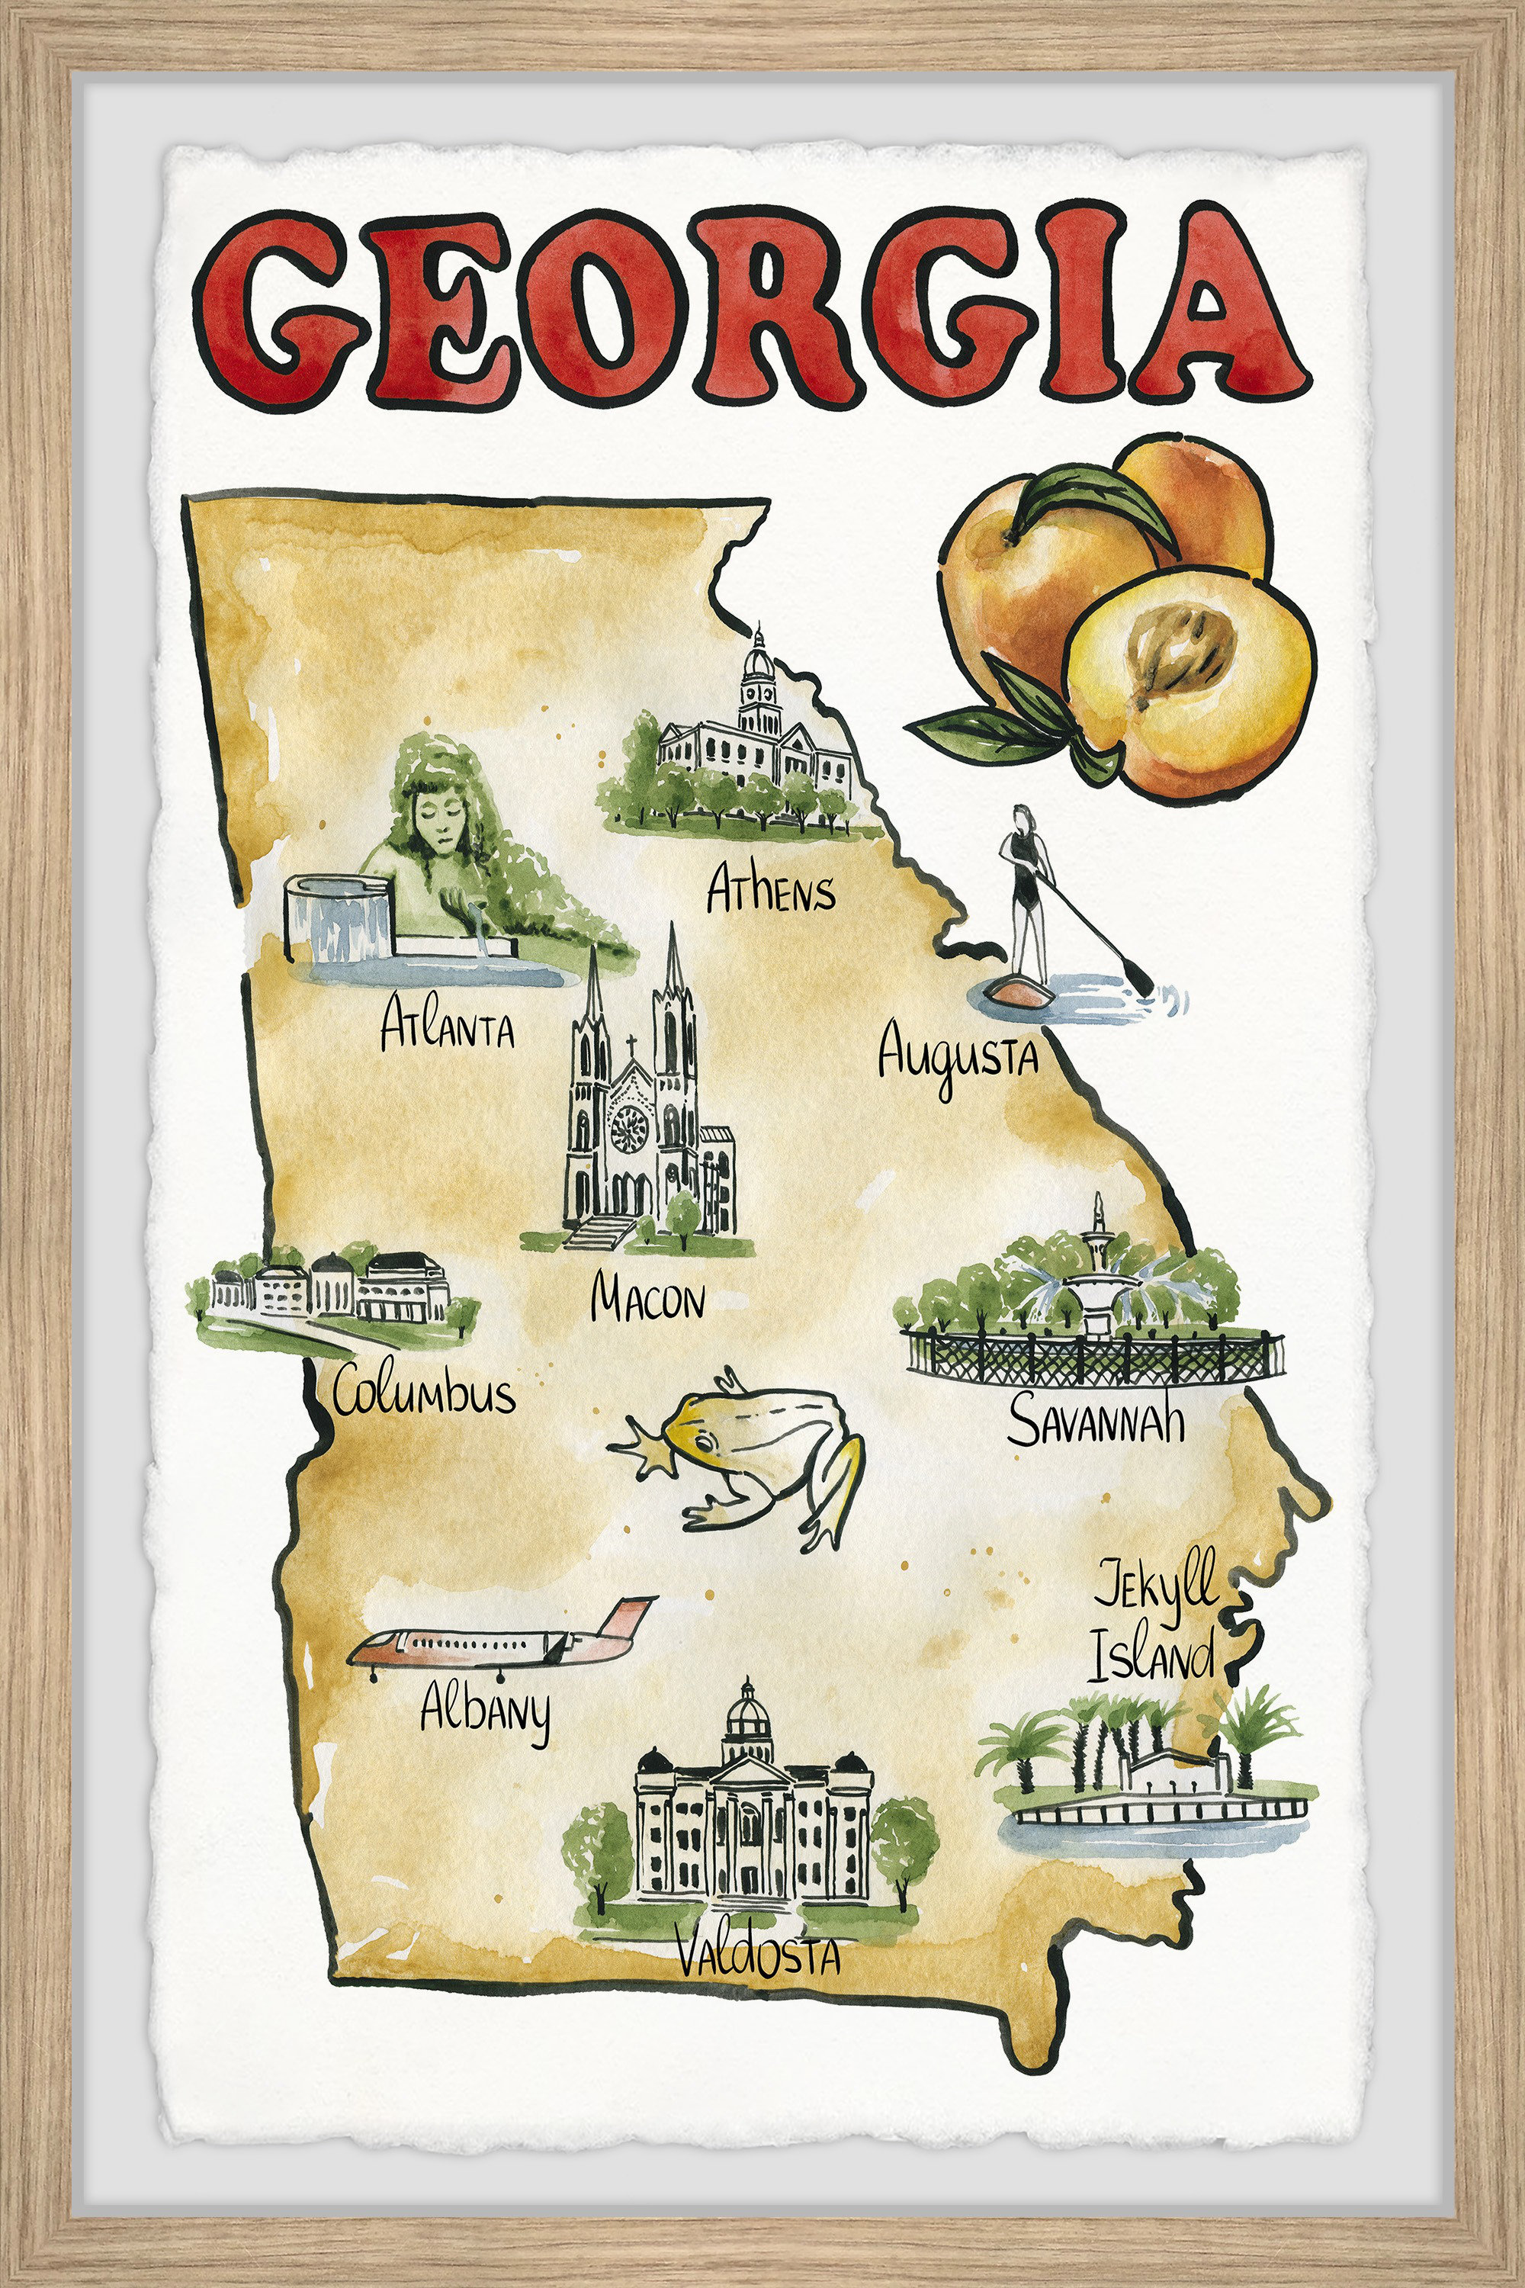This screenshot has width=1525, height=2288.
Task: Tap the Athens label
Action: (770, 890)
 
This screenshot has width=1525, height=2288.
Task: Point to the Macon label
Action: (647, 1299)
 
